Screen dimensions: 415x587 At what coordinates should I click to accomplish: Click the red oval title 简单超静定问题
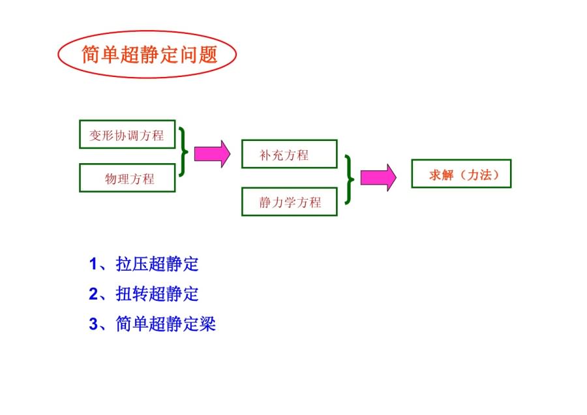[147, 55]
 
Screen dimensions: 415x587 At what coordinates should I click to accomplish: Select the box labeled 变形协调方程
[127, 136]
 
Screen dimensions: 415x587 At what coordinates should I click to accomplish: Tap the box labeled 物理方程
[127, 178]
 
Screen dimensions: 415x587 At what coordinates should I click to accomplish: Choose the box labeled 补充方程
[289, 154]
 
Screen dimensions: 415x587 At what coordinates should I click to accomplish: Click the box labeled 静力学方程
[289, 202]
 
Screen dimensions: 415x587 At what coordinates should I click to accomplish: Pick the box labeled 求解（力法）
[461, 174]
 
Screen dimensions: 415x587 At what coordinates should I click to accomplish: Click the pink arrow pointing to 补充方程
[213, 154]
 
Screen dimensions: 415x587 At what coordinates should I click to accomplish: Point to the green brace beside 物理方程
[184, 151]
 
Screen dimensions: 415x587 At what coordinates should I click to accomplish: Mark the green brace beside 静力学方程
[351, 179]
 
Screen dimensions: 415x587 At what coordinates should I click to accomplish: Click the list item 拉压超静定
[157, 264]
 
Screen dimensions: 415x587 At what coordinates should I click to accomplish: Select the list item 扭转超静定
[157, 294]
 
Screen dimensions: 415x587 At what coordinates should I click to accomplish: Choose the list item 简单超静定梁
[166, 323]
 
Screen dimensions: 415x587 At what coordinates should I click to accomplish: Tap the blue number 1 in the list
[93, 264]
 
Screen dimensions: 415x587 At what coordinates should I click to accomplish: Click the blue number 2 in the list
[93, 294]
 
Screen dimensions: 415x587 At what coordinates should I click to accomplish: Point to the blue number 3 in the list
[93, 323]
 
